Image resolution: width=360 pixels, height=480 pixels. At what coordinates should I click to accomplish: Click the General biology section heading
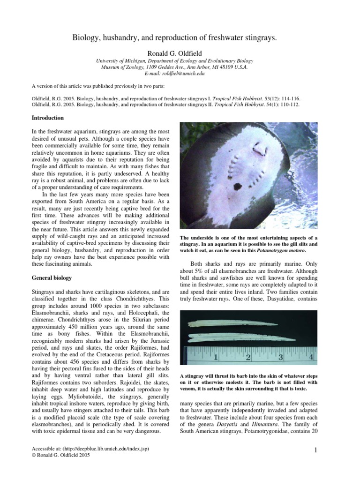pos(52,277)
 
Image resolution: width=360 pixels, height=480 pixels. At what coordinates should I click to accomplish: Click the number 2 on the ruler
pos(248,358)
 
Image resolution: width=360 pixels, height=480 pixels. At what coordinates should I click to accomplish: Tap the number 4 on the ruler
pos(311,358)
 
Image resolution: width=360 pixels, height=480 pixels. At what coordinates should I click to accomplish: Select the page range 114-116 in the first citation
pos(287,98)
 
